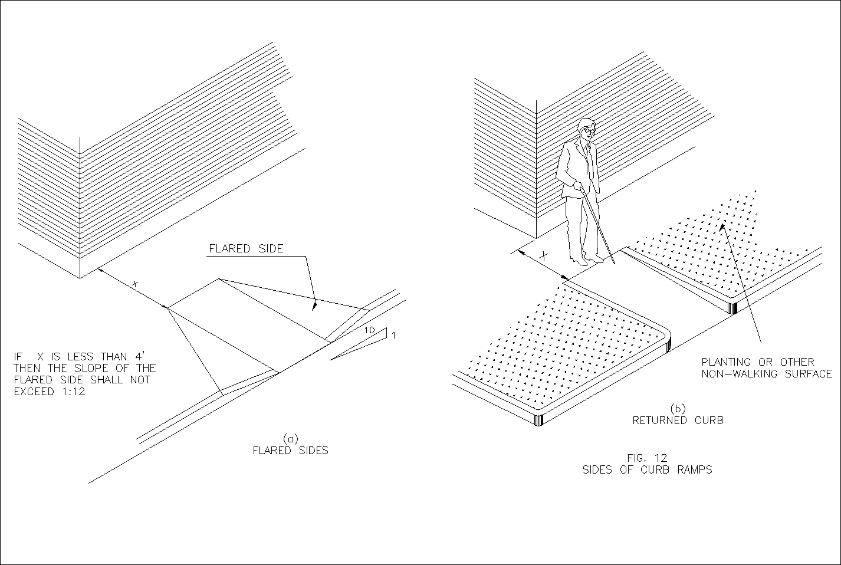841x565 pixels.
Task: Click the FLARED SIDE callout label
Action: pyautogui.click(x=246, y=249)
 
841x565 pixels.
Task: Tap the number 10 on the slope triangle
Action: pyautogui.click(x=369, y=331)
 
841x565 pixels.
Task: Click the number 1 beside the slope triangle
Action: pyautogui.click(x=393, y=336)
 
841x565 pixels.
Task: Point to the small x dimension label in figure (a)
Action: pyautogui.click(x=135, y=284)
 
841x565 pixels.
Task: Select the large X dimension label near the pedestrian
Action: pyautogui.click(x=544, y=257)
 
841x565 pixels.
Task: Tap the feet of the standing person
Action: pyautogui.click(x=586, y=259)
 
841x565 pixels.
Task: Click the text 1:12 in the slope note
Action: pyautogui.click(x=72, y=391)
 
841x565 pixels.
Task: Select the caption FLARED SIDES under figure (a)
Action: pyautogui.click(x=290, y=451)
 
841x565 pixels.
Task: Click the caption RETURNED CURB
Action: pyautogui.click(x=678, y=421)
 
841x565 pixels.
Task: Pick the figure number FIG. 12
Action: pyautogui.click(x=648, y=458)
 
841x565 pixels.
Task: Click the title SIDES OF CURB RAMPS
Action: pyautogui.click(x=647, y=470)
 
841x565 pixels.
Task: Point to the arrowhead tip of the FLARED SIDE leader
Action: pyautogui.click(x=314, y=309)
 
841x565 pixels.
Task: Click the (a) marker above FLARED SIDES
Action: pyautogui.click(x=290, y=439)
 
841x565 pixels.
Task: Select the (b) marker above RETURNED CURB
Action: pyautogui.click(x=678, y=409)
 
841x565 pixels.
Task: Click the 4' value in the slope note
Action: pyautogui.click(x=140, y=356)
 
